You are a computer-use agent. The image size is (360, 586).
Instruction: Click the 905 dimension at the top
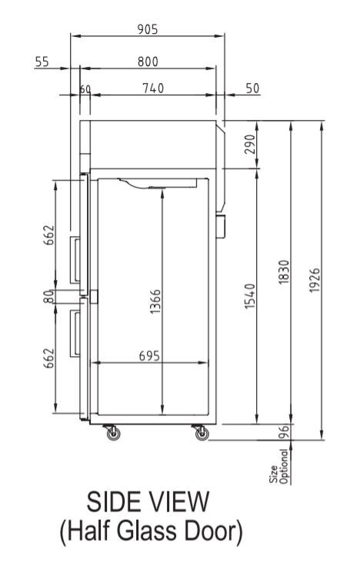point(147,29)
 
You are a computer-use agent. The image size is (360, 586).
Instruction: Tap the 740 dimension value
point(153,89)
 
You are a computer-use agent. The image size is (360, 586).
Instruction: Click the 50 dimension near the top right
point(252,89)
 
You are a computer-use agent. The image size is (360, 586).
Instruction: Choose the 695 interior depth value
point(149,356)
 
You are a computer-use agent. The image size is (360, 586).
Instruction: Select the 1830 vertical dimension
point(283,273)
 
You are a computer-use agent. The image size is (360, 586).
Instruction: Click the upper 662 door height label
point(48,235)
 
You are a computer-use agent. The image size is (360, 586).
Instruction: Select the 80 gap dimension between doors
point(48,296)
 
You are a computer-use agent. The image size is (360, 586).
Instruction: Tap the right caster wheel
point(201,435)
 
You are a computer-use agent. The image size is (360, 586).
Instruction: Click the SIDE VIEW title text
point(148,503)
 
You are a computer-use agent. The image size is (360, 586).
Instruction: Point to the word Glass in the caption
point(148,532)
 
